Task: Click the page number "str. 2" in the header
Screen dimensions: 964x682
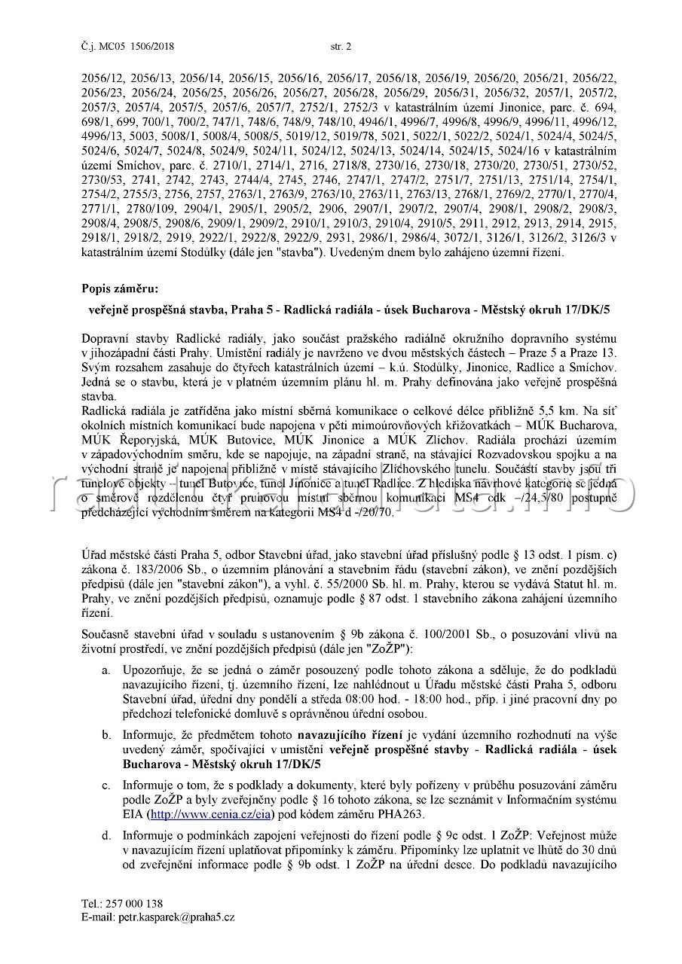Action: click(x=341, y=47)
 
